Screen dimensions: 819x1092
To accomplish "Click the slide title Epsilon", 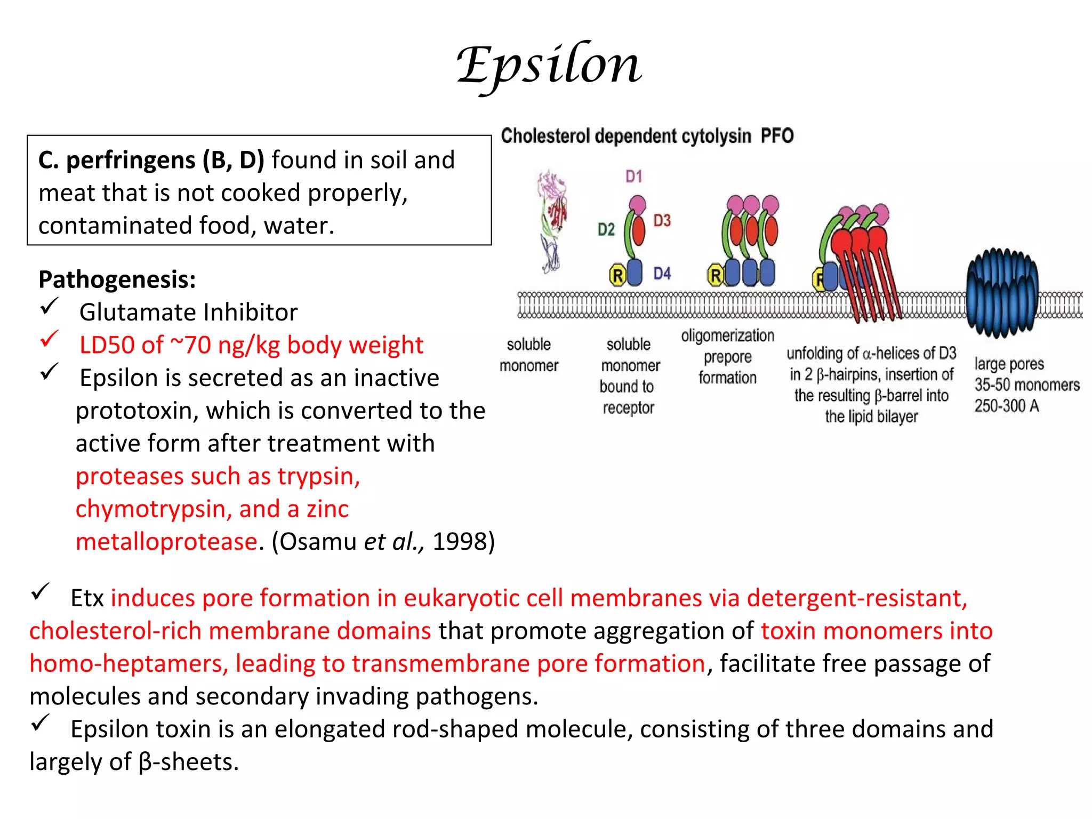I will click(x=549, y=66).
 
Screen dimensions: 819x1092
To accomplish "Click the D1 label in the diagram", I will click(x=633, y=176).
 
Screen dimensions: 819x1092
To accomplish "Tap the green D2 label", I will click(x=606, y=229).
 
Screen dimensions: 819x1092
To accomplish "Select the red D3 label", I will click(x=662, y=220).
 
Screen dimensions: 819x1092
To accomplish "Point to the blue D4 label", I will click(x=662, y=274).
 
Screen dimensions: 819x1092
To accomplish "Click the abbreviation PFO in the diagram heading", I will click(x=777, y=136).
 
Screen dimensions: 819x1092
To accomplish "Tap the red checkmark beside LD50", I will click(x=49, y=339).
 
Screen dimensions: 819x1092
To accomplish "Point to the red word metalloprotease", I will click(x=167, y=542).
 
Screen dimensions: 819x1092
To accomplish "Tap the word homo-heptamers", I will click(x=129, y=664).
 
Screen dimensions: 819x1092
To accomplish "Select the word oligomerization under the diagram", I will click(x=727, y=336).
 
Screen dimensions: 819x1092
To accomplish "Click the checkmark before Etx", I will click(x=40, y=592).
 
